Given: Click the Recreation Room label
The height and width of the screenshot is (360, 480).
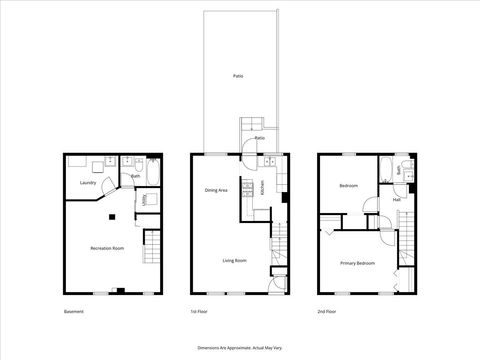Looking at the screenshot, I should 106,247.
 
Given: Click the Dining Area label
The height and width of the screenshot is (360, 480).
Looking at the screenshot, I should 217,190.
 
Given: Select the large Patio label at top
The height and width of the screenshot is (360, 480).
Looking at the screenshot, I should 238,76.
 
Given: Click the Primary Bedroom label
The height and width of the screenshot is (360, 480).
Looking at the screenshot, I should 357,263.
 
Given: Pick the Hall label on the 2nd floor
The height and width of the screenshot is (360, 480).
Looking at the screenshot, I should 396,199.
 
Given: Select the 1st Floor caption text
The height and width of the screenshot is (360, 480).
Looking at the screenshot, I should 200,312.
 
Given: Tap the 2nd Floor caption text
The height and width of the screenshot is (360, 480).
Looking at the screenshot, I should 327,312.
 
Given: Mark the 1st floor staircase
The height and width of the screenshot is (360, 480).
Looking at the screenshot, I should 280,245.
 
